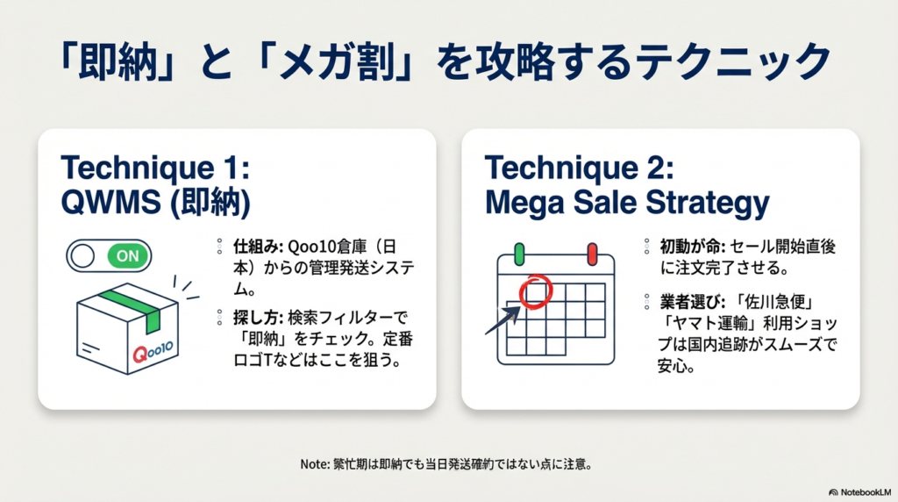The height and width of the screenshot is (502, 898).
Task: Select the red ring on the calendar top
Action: click(x=592, y=255)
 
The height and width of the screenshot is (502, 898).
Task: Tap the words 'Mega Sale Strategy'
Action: click(x=627, y=204)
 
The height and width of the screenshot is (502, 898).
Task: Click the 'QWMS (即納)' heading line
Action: click(x=156, y=204)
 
